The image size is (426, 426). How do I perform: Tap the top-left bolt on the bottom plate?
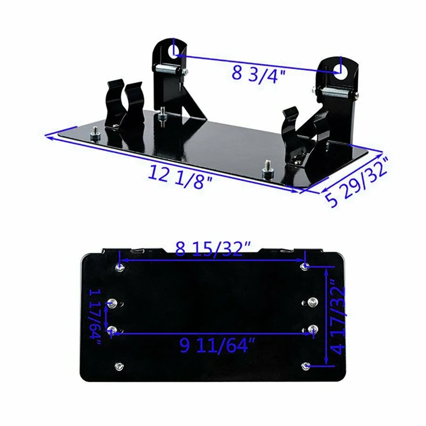[x=121, y=266]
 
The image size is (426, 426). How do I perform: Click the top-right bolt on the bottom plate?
[x=305, y=266]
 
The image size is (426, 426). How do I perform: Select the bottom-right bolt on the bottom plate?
[x=305, y=366]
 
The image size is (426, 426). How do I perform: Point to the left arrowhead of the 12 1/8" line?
[x=48, y=137]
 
